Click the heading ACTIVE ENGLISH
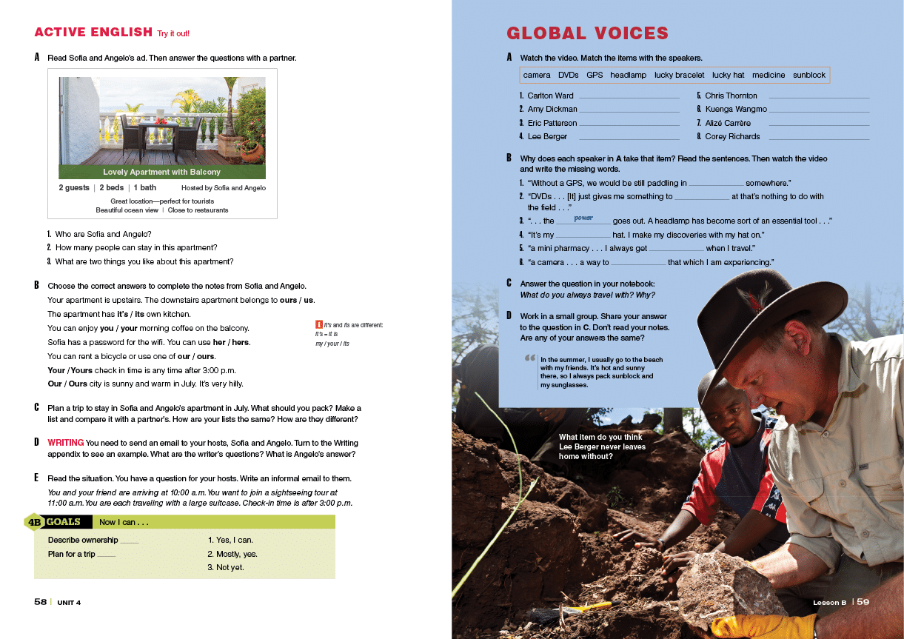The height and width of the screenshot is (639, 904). tap(93, 33)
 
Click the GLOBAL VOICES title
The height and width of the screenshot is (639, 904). tap(587, 33)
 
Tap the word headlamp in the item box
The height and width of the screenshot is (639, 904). tap(628, 75)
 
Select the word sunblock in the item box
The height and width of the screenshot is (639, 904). tap(808, 75)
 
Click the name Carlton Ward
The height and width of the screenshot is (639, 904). tap(550, 96)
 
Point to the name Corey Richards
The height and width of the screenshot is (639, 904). tap(732, 136)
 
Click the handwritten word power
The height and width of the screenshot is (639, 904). tap(583, 218)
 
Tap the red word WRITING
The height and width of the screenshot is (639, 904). tap(65, 443)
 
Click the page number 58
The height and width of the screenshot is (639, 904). tap(41, 602)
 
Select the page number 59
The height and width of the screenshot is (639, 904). tap(863, 602)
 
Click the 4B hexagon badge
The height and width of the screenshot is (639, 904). tap(34, 522)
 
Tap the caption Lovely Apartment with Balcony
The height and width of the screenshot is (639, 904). tap(161, 172)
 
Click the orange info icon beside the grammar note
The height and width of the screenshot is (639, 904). tap(318, 324)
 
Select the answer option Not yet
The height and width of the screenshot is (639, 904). tap(225, 567)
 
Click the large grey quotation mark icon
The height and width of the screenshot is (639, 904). tap(529, 358)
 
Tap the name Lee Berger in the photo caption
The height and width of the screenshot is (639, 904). tap(578, 446)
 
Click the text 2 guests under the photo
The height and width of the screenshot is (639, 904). tap(74, 188)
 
